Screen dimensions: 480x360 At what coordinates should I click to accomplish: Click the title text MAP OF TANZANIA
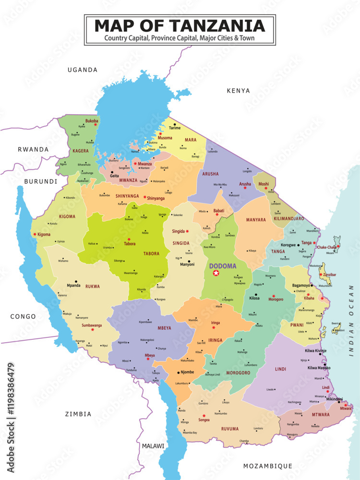click(180, 25)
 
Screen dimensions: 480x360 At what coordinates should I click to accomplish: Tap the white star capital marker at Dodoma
click(216, 273)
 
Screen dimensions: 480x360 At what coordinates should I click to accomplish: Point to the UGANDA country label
click(83, 70)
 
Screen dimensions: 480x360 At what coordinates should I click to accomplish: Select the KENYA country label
click(239, 90)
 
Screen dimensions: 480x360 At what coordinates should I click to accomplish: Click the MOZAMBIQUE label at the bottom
click(267, 466)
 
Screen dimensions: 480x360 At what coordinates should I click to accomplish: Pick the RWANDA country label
click(33, 149)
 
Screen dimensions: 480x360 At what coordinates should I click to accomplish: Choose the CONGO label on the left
click(23, 316)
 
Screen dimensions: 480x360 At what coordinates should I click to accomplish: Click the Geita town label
click(115, 176)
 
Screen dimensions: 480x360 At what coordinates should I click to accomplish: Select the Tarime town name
click(175, 128)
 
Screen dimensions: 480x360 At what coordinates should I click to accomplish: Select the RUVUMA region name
click(230, 429)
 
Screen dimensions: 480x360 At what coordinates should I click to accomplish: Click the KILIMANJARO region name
click(289, 218)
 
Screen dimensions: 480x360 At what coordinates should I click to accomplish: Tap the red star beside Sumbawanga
click(93, 330)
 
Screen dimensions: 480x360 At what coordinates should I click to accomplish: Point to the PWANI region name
click(298, 324)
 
